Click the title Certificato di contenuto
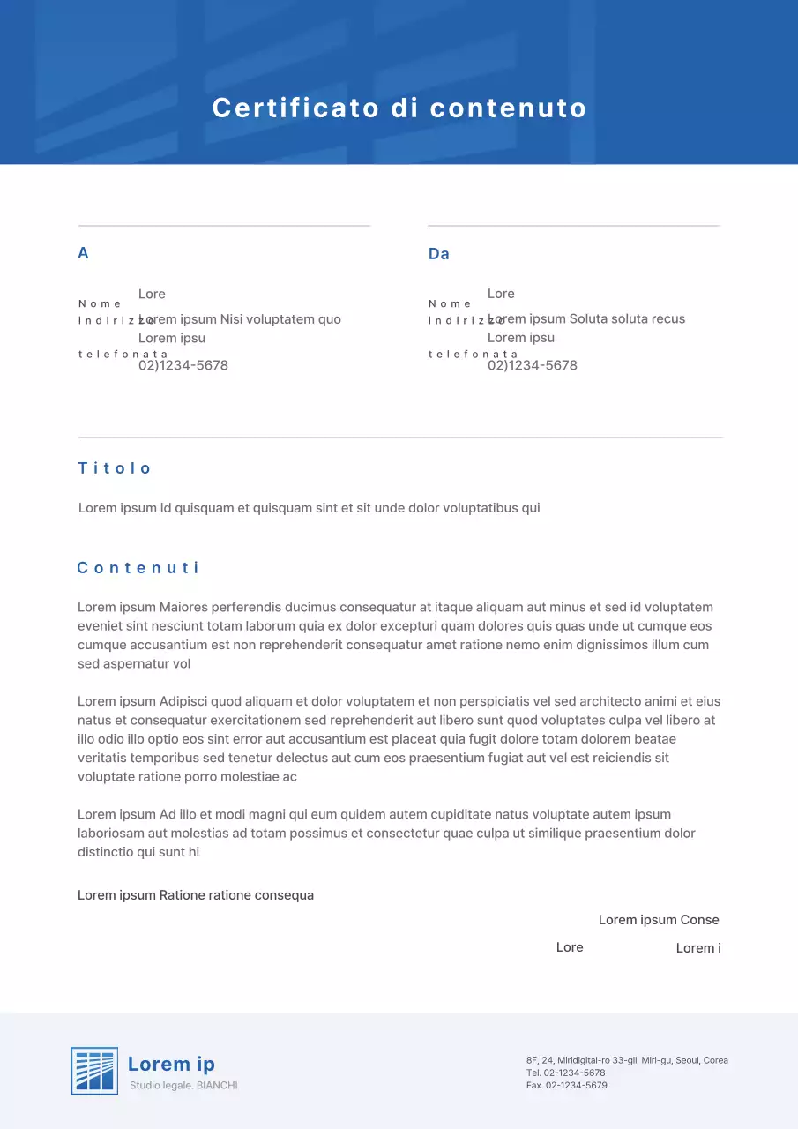point(399,108)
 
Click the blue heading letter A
point(83,253)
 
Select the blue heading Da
point(438,254)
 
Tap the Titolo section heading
point(115,468)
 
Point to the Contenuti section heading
point(138,568)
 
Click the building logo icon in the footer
point(94,1071)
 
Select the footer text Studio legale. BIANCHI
point(183,1085)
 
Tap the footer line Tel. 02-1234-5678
point(565,1073)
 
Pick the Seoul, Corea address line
point(627,1060)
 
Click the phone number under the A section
point(183,365)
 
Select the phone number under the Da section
point(533,365)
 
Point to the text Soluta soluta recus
point(627,319)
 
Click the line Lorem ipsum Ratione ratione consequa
point(196,895)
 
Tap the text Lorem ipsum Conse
point(659,920)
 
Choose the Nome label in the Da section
point(450,303)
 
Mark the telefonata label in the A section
point(123,354)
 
